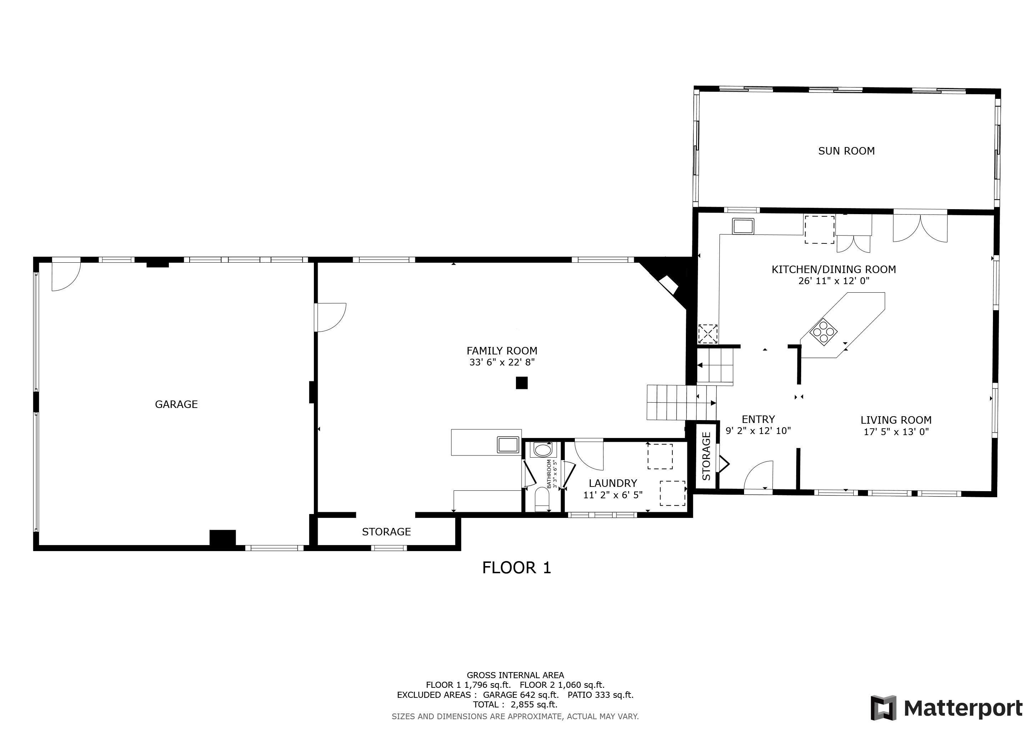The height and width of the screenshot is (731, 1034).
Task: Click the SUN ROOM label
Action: point(846,151)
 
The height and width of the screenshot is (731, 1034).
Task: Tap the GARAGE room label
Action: point(176,404)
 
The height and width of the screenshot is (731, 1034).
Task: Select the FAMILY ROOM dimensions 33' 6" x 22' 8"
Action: point(502,362)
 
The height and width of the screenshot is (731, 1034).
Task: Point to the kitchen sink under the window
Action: point(743,226)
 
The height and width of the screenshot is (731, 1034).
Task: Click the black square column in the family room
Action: point(522,383)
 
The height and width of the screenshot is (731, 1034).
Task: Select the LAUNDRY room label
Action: point(613,483)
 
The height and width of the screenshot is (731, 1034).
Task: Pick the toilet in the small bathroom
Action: point(542,500)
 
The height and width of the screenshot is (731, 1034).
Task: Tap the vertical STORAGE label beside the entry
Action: point(706,456)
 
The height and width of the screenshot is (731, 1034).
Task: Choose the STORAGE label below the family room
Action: point(386,531)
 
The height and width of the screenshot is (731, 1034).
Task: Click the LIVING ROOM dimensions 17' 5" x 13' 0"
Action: point(896,432)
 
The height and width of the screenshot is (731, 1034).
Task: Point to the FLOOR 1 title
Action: point(517,568)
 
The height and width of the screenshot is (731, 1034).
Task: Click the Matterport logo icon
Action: point(884,708)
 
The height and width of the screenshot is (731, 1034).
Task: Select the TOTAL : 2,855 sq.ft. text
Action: point(515,705)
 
